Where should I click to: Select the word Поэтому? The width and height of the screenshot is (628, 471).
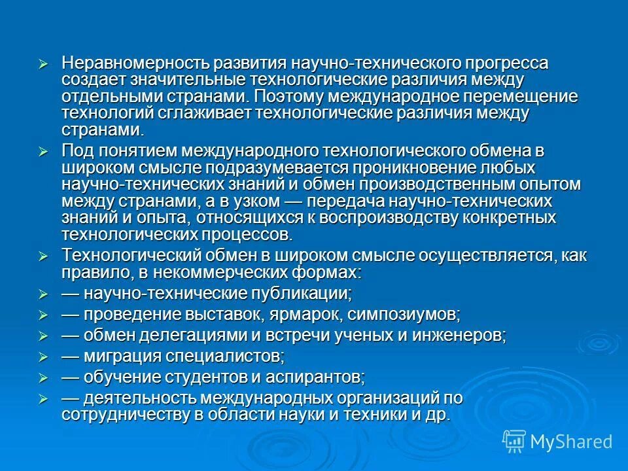tap(288, 96)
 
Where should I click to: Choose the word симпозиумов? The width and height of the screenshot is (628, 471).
tap(404, 314)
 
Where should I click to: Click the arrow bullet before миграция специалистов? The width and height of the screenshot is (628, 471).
tap(44, 357)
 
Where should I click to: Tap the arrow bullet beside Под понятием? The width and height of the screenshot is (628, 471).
tap(44, 152)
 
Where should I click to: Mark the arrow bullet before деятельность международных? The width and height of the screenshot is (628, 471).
tap(44, 399)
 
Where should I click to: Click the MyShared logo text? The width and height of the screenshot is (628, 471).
tap(571, 442)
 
